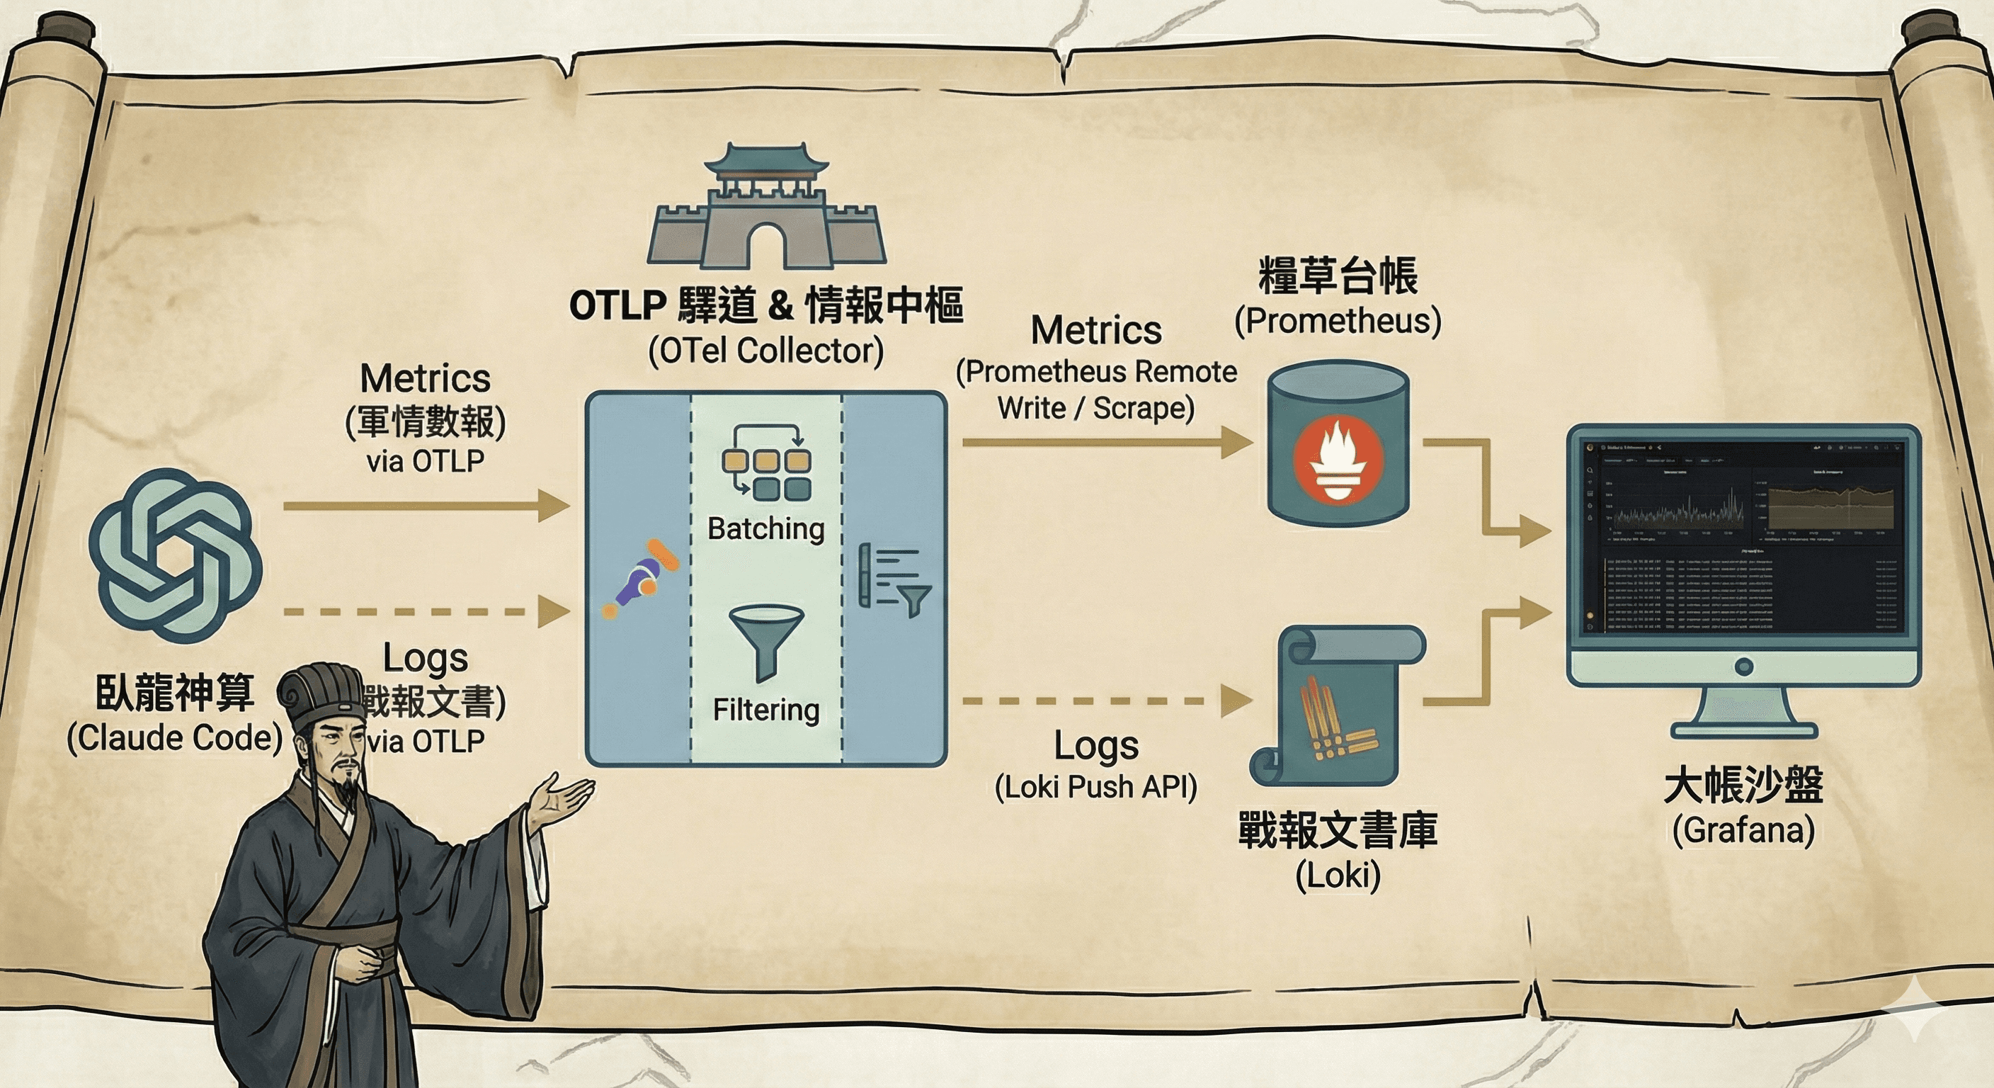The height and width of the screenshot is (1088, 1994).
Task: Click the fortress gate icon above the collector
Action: pyautogui.click(x=766, y=209)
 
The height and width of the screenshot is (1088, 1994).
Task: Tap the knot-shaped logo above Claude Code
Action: pyautogui.click(x=176, y=555)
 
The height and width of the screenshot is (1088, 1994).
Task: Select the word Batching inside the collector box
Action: pyautogui.click(x=765, y=529)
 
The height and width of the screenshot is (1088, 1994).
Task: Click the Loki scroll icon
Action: pyautogui.click(x=1338, y=705)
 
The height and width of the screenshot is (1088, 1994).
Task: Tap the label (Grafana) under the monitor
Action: pyautogui.click(x=1743, y=831)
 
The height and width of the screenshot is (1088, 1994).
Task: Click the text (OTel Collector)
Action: pyautogui.click(x=765, y=351)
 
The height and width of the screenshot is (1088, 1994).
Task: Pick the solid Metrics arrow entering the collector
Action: pyautogui.click(x=426, y=506)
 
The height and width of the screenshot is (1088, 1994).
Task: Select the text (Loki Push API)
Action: pyautogui.click(x=1095, y=787)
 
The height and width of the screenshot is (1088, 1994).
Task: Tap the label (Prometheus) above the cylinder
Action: pyautogui.click(x=1338, y=321)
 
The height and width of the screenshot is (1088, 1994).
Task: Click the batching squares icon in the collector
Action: pyautogui.click(x=765, y=460)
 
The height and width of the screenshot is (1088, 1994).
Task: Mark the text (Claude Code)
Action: pyautogui.click(x=174, y=738)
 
